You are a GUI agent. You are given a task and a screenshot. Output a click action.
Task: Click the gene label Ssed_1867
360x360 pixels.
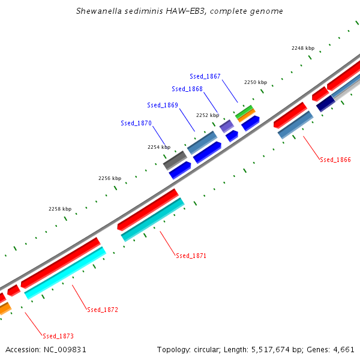(x=205, y=76)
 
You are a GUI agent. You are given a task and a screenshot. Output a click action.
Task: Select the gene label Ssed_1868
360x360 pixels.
(x=187, y=89)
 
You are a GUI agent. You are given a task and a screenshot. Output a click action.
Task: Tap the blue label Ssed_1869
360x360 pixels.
(x=163, y=105)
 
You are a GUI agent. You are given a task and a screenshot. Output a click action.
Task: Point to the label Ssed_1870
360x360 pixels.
(x=136, y=123)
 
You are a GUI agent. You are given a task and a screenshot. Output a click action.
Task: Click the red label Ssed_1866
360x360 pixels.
(x=335, y=160)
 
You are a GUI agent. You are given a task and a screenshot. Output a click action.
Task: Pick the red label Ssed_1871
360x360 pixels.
(x=191, y=256)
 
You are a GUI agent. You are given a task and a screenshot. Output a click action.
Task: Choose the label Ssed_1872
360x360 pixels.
(x=103, y=310)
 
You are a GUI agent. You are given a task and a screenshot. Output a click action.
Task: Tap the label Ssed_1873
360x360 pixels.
(x=58, y=336)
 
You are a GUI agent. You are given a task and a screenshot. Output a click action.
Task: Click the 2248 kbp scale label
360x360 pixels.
(x=303, y=48)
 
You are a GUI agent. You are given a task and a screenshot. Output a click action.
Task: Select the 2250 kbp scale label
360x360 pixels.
(x=255, y=82)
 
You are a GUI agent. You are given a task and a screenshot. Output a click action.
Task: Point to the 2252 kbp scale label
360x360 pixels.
(x=208, y=115)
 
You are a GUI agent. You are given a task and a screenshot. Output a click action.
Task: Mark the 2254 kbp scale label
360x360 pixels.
(x=159, y=147)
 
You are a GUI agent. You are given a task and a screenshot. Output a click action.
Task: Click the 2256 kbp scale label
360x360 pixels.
(x=110, y=178)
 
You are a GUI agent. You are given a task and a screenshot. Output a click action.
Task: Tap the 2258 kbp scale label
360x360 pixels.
(x=60, y=209)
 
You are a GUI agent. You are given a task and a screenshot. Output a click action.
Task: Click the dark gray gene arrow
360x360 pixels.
(x=175, y=160)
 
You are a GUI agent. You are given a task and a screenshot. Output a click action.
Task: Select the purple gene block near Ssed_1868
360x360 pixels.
(x=226, y=126)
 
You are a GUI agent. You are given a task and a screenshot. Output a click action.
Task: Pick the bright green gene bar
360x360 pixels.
(x=244, y=111)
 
